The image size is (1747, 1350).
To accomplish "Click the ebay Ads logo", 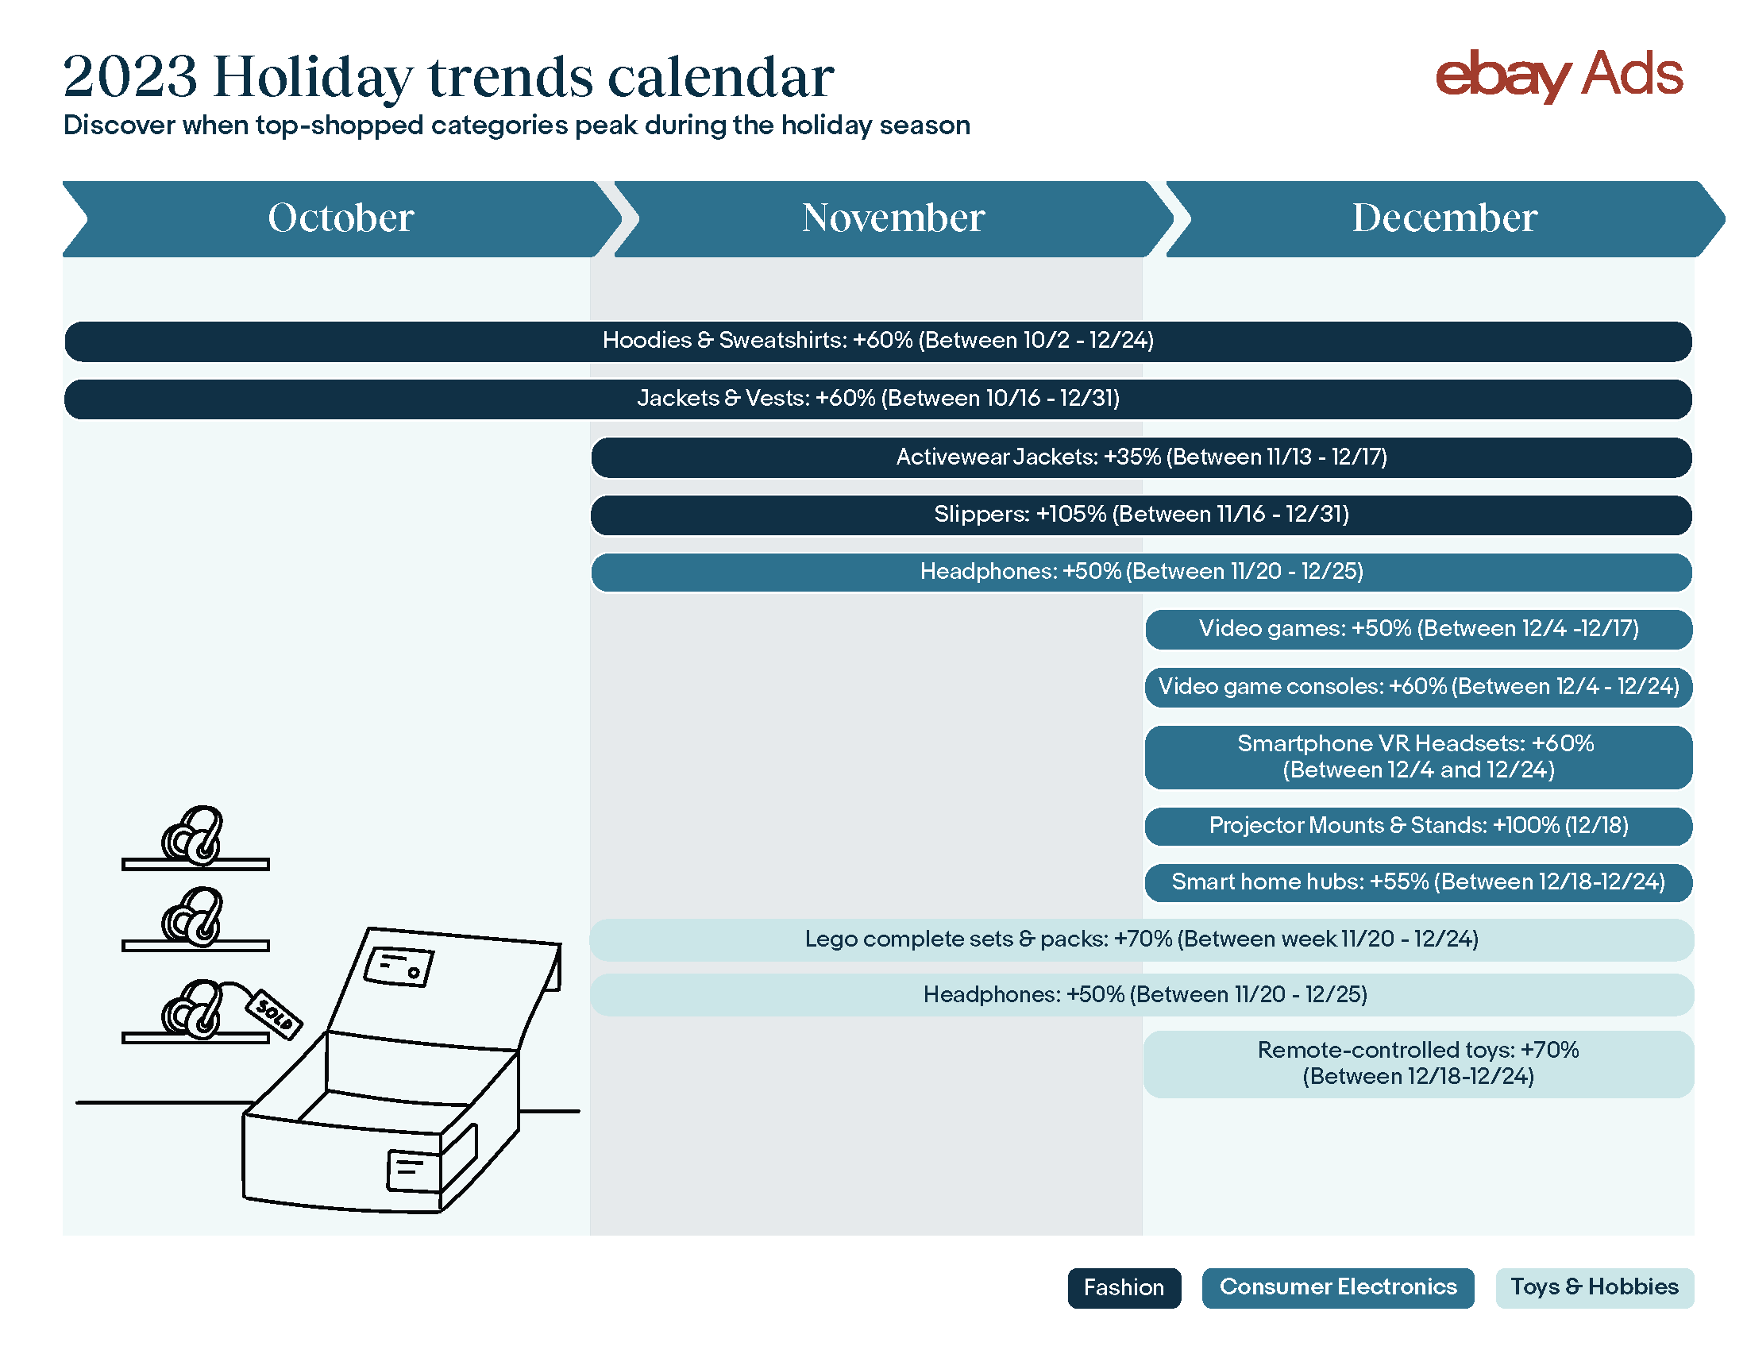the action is click(1558, 75).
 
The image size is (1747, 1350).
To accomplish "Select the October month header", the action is click(341, 218).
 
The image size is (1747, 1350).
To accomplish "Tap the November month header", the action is click(893, 218).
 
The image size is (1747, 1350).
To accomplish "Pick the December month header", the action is click(1444, 218).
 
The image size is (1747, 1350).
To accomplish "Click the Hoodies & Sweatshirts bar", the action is click(877, 341).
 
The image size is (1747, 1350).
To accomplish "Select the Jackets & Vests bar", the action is click(877, 399).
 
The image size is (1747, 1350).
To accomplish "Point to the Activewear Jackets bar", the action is click(1141, 457).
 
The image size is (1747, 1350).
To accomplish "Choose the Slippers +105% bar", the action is click(1141, 515).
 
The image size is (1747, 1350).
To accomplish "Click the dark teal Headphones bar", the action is click(1141, 573).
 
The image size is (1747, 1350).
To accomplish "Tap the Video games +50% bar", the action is click(1418, 630).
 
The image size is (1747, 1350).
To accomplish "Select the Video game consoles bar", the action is click(1418, 687).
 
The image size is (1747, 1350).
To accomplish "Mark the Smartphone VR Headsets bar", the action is click(1418, 758).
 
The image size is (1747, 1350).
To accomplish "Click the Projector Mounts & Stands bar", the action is click(1418, 826).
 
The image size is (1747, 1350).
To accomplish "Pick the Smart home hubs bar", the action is click(1418, 883).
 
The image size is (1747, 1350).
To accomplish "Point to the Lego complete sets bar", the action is click(1141, 939).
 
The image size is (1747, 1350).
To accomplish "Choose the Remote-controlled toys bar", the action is click(1418, 1064).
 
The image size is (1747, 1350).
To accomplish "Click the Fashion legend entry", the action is click(1124, 1288).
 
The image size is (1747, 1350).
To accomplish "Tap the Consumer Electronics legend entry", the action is click(1337, 1288).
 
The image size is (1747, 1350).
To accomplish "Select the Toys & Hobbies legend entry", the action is click(1595, 1288).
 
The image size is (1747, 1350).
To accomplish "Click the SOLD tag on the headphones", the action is click(275, 1015).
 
